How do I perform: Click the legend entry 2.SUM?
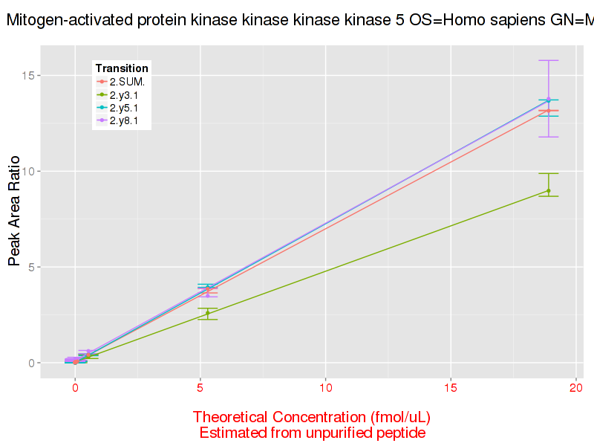pyautogui.click(x=127, y=81)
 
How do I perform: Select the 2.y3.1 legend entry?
pyautogui.click(x=123, y=94)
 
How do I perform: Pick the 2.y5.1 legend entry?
pyautogui.click(x=123, y=108)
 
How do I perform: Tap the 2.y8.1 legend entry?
pyautogui.click(x=123, y=121)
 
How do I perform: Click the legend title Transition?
pyautogui.click(x=122, y=68)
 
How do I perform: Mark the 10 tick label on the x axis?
pyautogui.click(x=325, y=388)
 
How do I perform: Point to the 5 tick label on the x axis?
pyautogui.click(x=200, y=388)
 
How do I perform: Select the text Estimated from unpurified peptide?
pyautogui.click(x=312, y=433)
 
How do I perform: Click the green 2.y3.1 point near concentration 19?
pyautogui.click(x=549, y=191)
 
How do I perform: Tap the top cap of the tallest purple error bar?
pyautogui.click(x=549, y=60)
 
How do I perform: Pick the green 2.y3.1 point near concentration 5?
pyautogui.click(x=208, y=313)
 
